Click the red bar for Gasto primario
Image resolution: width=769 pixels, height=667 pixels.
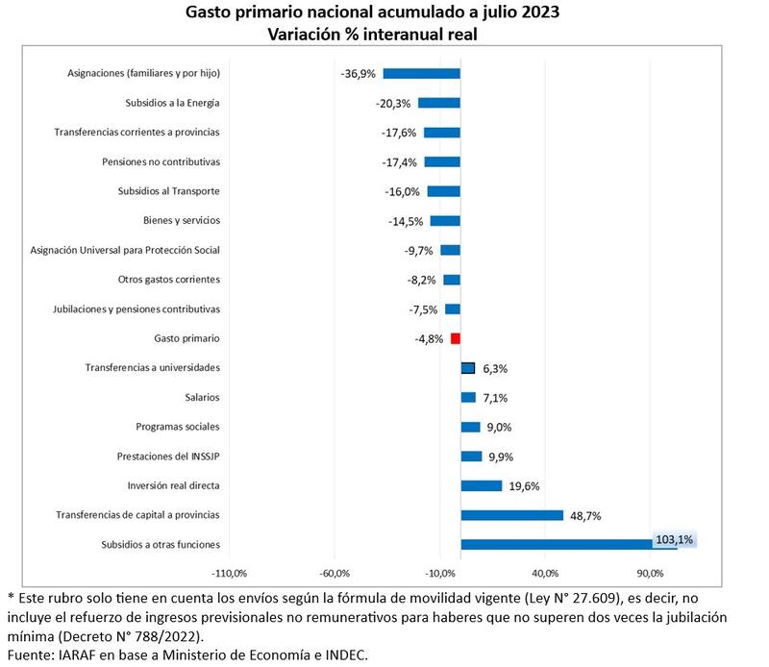tap(456, 338)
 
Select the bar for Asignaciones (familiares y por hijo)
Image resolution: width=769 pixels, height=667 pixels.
tap(421, 73)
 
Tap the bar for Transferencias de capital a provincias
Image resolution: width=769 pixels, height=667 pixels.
tap(511, 515)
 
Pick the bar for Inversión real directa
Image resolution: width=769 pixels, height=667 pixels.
tap(481, 485)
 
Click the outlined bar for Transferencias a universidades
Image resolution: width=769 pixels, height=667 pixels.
tap(468, 367)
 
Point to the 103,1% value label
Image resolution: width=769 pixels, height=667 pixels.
tap(674, 540)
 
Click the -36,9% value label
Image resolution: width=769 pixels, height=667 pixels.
tap(359, 74)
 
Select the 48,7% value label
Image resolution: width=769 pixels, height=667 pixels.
tap(585, 516)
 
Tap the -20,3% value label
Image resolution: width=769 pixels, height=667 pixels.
tap(393, 103)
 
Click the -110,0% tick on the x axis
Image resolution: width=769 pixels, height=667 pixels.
tap(229, 574)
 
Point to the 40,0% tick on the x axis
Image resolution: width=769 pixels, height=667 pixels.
tap(545, 574)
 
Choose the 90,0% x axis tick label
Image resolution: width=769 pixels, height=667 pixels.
tap(650, 574)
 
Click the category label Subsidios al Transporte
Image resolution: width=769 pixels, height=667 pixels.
tap(168, 191)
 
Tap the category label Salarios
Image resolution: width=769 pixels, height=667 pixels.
tap(202, 397)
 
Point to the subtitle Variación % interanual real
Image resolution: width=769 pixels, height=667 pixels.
tap(384, 34)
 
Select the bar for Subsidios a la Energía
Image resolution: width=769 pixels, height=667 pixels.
tap(438, 103)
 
